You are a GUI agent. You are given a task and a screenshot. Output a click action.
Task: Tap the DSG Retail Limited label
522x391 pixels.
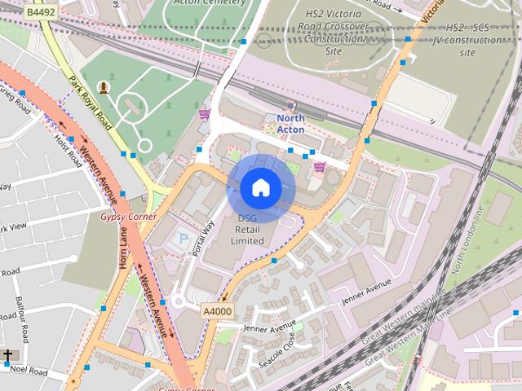[x=247, y=230]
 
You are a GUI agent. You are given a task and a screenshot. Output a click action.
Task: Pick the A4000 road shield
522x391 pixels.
[x=218, y=310]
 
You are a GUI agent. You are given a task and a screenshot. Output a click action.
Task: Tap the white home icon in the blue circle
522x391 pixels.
[x=260, y=188]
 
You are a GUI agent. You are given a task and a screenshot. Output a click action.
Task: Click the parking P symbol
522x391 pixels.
[x=182, y=239]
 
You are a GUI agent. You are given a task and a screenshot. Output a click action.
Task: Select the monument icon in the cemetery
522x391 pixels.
[x=104, y=86]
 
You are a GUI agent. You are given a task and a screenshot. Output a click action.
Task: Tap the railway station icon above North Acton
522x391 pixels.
[x=290, y=105]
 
